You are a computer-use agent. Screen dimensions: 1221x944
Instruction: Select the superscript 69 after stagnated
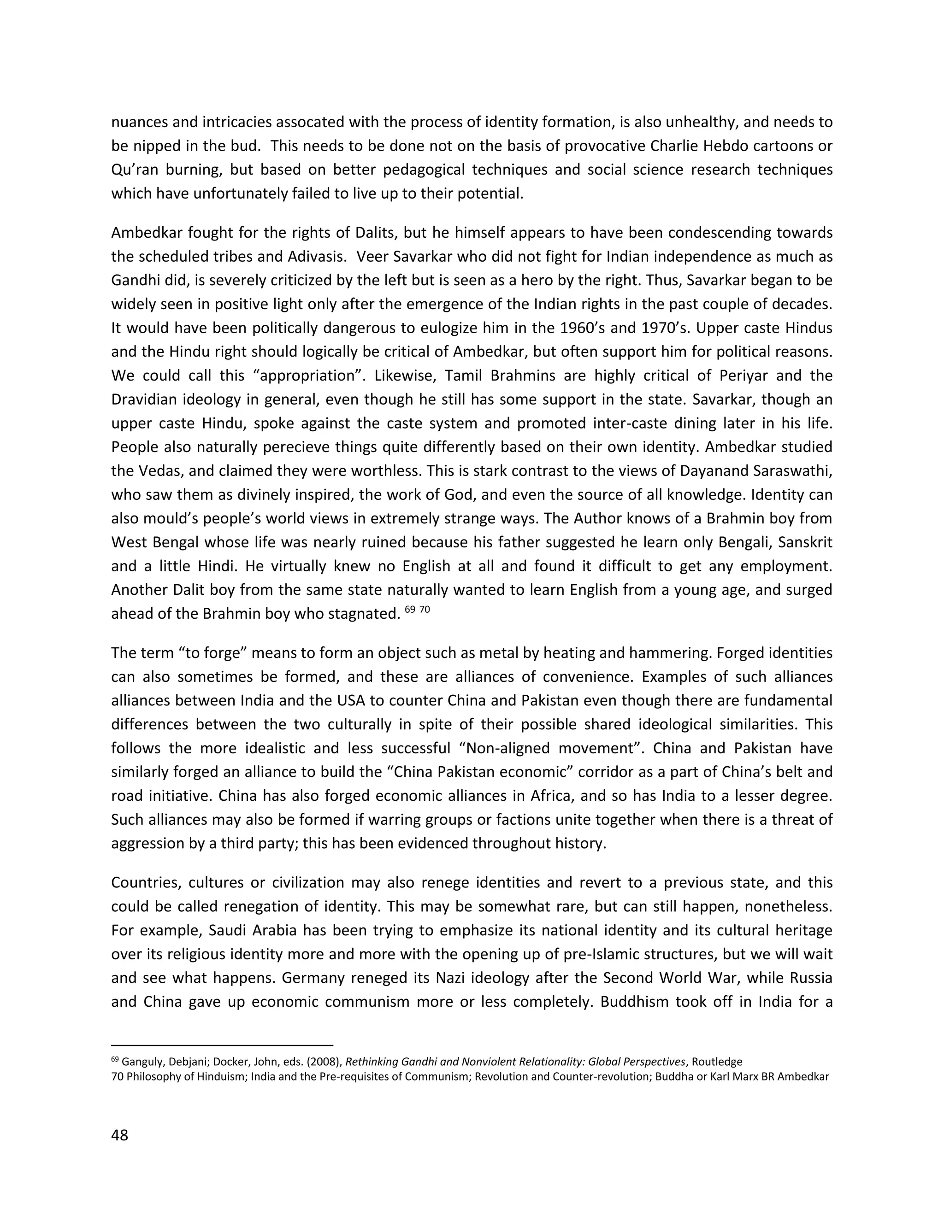[409, 610]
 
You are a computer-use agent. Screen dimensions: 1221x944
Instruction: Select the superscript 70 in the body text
[425, 610]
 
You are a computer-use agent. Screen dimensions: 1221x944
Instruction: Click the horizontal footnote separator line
[222, 1045]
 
